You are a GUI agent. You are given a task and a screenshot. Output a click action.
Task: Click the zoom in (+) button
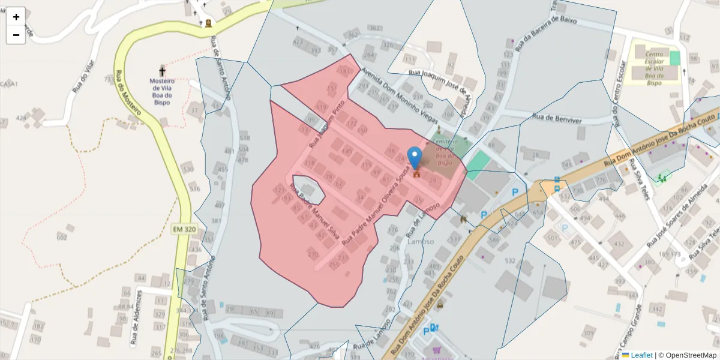tap(16, 17)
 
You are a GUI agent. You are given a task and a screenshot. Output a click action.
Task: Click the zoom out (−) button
tap(16, 35)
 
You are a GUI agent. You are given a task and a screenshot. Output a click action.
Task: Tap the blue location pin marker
tap(415, 158)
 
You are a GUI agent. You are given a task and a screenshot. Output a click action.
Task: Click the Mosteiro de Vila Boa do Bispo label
tap(162, 91)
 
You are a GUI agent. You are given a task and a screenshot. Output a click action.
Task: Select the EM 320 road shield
tap(185, 229)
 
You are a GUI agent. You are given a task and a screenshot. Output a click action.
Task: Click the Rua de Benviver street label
tap(557, 120)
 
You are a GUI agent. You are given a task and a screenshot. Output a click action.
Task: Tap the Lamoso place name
tap(420, 241)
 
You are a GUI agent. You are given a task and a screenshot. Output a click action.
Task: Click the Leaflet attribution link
tap(641, 355)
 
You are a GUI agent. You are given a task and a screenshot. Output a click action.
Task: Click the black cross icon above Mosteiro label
tap(162, 71)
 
